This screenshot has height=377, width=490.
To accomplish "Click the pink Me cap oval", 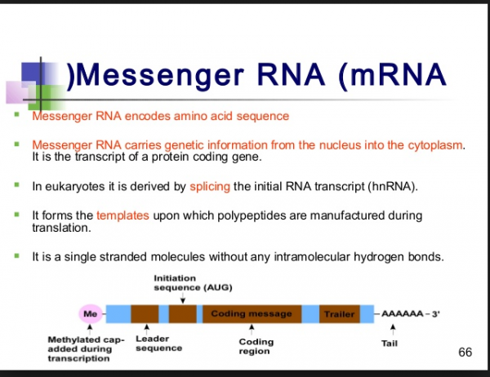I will (91, 313).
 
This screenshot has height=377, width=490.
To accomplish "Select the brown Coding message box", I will (252, 313).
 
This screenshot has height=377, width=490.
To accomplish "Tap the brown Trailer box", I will (339, 313).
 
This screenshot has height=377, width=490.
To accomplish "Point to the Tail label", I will (390, 344).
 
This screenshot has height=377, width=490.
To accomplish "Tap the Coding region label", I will (256, 347).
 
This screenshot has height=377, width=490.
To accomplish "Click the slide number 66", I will (465, 353).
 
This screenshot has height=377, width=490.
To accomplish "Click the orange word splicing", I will (210, 187).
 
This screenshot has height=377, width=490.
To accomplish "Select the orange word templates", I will (122, 216).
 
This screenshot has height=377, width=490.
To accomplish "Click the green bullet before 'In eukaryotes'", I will (17, 185).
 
